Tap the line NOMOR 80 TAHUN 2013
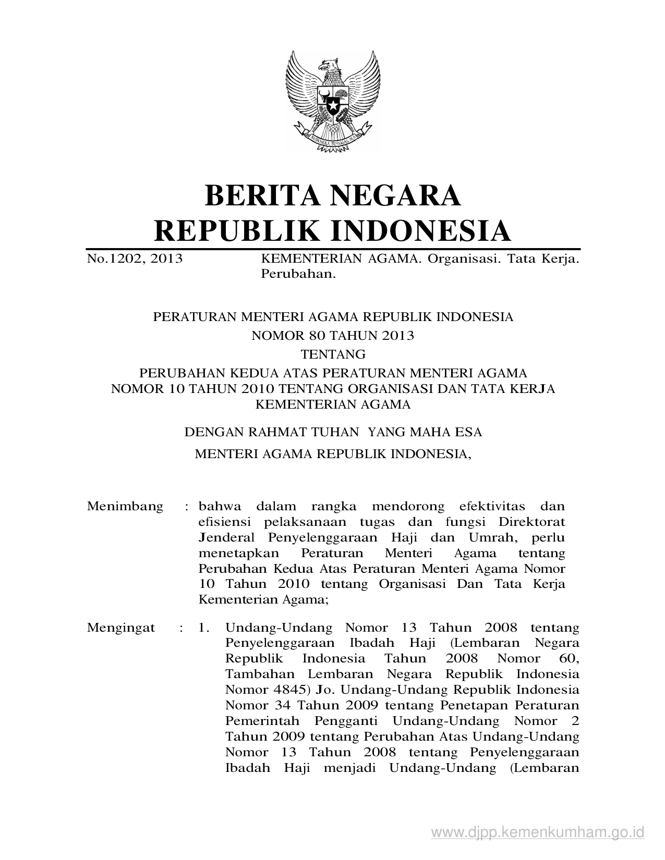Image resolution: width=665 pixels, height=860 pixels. pyautogui.click(x=333, y=336)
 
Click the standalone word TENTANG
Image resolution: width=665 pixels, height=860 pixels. pyautogui.click(x=333, y=355)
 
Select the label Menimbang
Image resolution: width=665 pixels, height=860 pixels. pyautogui.click(x=125, y=506)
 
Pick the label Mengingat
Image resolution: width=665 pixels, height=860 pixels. pyautogui.click(x=121, y=628)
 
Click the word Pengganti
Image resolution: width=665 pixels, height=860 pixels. pyautogui.click(x=347, y=721)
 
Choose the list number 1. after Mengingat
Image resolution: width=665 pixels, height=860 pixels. pyautogui.click(x=204, y=628)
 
